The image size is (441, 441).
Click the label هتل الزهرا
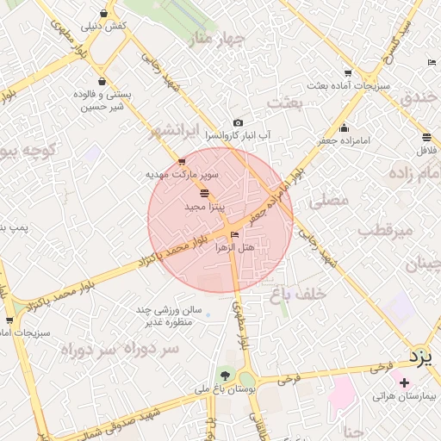pyautogui.click(x=235, y=247)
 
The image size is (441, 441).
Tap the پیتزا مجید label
pyautogui.click(x=204, y=208)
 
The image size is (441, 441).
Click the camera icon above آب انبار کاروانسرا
pyautogui.click(x=238, y=123)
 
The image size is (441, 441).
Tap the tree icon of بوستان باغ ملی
pyautogui.click(x=226, y=375)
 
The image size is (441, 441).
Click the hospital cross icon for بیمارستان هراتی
pyautogui.click(x=405, y=382)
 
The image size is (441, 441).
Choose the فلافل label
pyautogui.click(x=426, y=151)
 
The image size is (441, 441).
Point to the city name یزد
pyautogui.click(x=419, y=355)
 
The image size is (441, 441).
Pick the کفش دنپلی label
pyautogui.click(x=103, y=26)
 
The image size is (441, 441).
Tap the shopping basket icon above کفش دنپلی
pyautogui.click(x=104, y=13)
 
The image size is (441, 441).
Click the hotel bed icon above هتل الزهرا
pyautogui.click(x=235, y=234)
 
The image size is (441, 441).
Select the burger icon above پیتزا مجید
pyautogui.click(x=204, y=193)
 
